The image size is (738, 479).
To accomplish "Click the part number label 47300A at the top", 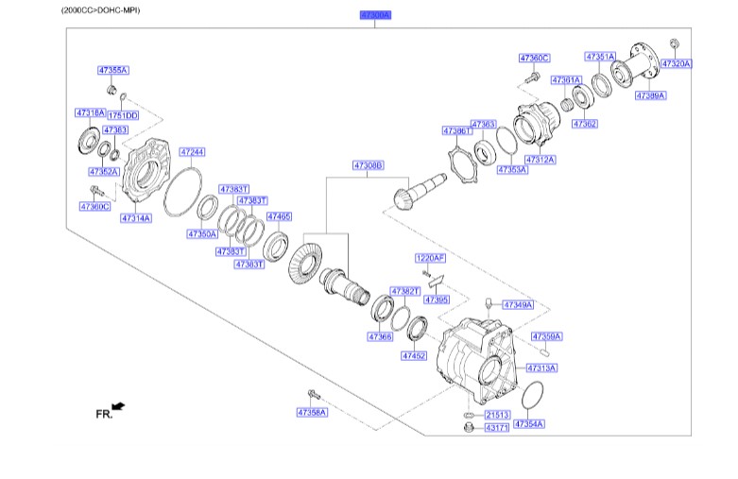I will click(374, 15).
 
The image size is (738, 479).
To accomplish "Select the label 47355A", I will click(113, 70).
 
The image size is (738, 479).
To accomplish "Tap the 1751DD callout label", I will click(123, 115).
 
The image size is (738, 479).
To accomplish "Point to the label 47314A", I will click(135, 218).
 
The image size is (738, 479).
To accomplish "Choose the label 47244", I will click(192, 151).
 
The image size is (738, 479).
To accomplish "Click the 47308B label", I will click(369, 164).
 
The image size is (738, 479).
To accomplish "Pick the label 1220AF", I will click(430, 257).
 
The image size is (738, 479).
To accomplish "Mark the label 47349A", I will click(518, 305).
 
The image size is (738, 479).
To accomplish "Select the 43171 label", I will click(498, 428).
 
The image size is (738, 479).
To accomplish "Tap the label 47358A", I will click(311, 412).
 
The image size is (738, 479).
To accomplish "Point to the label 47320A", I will click(677, 64).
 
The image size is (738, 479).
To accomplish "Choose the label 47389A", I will click(650, 95).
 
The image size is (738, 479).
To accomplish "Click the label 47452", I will click(414, 356).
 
